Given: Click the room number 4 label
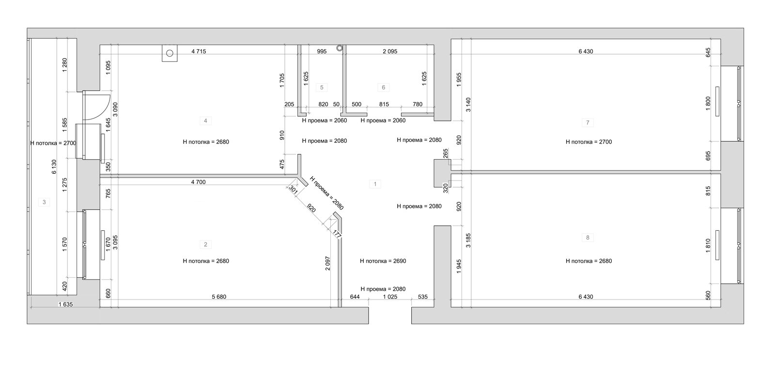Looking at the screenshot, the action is click(205, 120).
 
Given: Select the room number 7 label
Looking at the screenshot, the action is click(588, 123).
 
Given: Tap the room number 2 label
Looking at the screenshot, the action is click(205, 244).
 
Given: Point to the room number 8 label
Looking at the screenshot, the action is click(588, 238).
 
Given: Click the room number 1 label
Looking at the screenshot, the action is click(375, 184).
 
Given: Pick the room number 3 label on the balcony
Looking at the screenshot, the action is click(44, 202).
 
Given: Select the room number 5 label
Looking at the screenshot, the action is click(322, 88).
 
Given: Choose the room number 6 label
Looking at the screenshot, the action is click(383, 88).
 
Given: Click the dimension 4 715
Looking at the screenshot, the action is click(199, 51).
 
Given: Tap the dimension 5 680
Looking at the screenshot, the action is click(219, 297).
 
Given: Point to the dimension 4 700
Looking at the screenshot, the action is click(198, 182).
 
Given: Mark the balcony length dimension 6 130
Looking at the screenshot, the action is click(54, 166).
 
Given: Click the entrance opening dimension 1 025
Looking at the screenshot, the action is click(390, 297).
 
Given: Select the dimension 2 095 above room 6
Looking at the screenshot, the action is click(390, 51).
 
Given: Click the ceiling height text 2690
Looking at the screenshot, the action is click(383, 261).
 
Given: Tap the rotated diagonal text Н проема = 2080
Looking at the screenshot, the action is click(326, 193).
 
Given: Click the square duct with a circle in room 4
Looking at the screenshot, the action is click(170, 53).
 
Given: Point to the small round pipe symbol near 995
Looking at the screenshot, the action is click(340, 48).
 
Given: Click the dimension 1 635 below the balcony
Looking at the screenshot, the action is click(66, 305).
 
